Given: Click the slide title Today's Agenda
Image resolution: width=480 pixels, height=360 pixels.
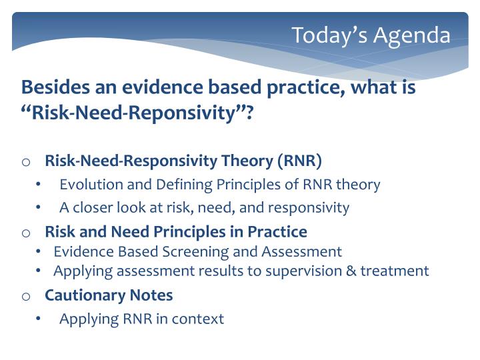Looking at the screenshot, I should (371, 35).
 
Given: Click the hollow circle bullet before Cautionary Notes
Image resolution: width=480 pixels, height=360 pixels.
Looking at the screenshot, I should (26, 296).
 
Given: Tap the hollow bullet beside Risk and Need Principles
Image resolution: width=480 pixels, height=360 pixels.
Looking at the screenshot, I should (26, 233).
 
